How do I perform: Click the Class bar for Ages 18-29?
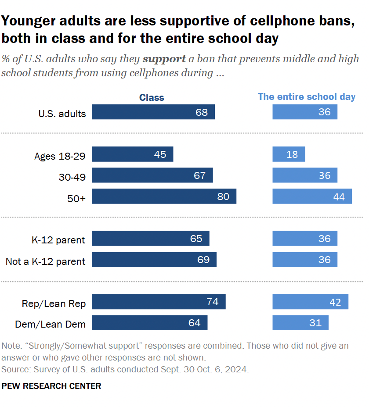coord(133,154)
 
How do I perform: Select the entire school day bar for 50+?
coord(312,196)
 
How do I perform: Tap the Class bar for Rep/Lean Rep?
coord(159,302)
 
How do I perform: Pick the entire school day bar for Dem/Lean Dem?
coord(300,323)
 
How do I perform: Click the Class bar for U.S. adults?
coord(153,112)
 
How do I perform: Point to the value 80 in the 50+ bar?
coord(223,196)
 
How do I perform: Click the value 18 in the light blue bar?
coord(292,154)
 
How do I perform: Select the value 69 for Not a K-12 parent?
coord(203,260)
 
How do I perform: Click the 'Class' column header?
coord(152,97)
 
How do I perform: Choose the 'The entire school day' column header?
coord(307,97)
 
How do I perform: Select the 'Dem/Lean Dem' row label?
coord(50,325)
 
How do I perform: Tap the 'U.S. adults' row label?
coord(62,114)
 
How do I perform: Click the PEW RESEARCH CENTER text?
coord(51,386)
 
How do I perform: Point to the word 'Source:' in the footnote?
coord(15,369)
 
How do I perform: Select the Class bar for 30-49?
coord(152,175)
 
